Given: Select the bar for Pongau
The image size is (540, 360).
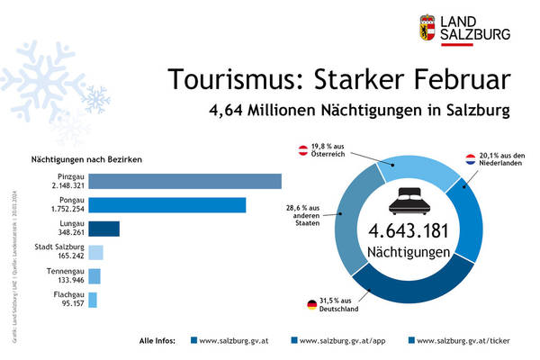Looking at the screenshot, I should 167,205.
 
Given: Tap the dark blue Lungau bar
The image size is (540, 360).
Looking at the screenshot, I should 103,229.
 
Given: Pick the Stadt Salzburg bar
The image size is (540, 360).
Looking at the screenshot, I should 95,253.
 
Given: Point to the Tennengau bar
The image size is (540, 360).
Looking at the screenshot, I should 94,276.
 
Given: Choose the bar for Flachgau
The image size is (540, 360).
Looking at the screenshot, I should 93,300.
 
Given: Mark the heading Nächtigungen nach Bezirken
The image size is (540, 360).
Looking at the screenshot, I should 84,159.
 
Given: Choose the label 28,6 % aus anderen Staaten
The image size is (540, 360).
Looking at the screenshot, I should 307,216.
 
